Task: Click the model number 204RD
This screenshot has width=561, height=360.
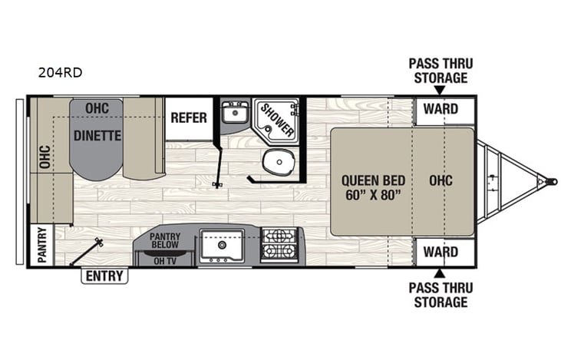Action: [60, 74]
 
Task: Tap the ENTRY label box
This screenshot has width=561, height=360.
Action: [105, 275]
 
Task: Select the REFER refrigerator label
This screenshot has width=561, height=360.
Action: [189, 117]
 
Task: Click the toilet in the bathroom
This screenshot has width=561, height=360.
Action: [273, 161]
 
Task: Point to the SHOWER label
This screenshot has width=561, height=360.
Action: [276, 120]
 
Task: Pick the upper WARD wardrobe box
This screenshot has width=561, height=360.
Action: [441, 109]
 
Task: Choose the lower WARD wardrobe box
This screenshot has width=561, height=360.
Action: [441, 251]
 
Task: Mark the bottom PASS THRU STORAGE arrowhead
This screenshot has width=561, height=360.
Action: [438, 272]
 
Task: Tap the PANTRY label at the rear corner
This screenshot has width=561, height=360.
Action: [41, 245]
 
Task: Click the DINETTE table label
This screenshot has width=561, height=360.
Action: [97, 136]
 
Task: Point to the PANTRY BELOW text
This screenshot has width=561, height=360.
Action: [164, 240]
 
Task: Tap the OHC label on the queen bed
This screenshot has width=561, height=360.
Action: [441, 180]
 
